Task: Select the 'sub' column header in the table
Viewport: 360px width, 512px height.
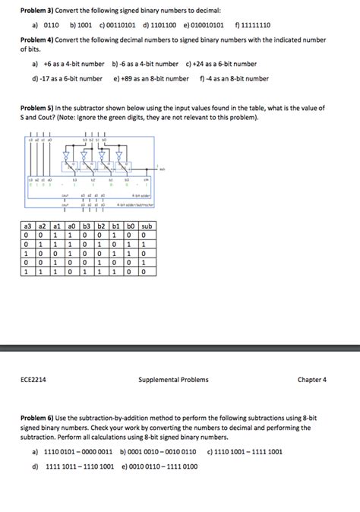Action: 147,227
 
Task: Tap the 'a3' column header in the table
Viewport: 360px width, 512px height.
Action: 27,227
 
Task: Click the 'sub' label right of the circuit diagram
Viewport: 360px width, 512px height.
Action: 163,169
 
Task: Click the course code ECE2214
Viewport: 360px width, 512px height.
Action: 36,379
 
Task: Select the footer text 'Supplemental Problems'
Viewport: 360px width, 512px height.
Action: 173,379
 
